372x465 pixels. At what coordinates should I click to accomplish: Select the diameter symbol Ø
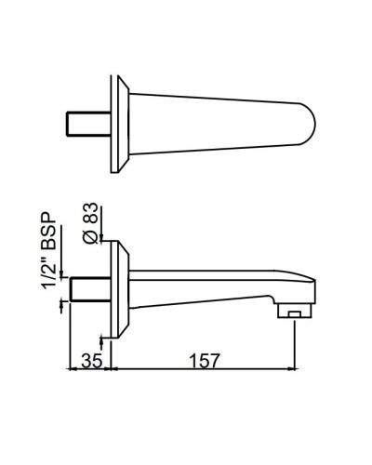90,236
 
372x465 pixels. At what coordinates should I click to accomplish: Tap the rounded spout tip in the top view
306,120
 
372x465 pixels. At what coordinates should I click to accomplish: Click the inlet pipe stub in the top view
90,123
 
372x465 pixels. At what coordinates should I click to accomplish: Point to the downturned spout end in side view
295,293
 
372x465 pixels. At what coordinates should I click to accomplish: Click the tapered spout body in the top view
214,120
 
